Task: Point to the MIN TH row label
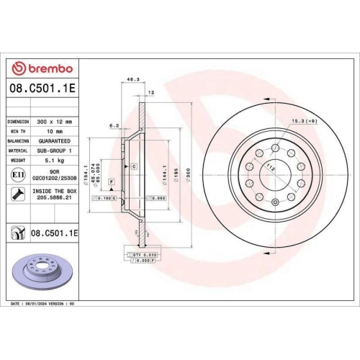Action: click(17, 132)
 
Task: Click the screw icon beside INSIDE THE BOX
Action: click(17, 193)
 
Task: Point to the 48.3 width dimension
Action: click(132, 81)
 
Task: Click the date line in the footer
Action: click(44, 305)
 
